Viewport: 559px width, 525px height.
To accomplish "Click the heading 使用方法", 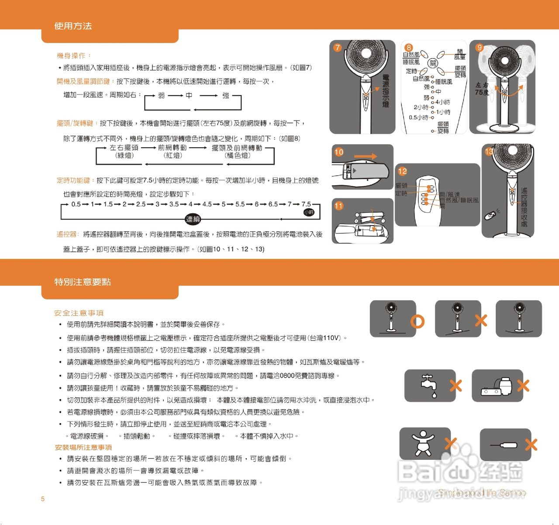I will coord(73,26).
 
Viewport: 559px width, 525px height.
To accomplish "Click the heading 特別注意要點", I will coord(83,282).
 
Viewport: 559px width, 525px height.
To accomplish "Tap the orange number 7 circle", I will coord(337,48).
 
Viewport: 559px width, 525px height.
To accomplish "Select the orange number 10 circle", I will coord(339,152).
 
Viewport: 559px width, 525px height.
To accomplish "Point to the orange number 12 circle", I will coord(402,171).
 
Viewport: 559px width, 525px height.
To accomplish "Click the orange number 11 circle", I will coord(339,206).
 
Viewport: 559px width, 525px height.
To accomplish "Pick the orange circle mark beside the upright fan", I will coord(418,322).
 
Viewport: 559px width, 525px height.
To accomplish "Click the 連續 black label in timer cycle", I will coord(193,219).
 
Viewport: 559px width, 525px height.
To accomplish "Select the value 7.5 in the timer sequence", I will coord(306,204).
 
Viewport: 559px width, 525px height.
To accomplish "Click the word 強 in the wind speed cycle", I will coord(226,95).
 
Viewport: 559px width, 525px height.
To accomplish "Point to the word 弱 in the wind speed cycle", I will coord(162,95).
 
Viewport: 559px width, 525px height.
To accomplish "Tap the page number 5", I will coord(43,499).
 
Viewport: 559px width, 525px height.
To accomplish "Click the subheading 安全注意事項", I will coord(79,313).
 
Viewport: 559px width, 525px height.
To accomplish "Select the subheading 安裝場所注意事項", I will coord(83,447).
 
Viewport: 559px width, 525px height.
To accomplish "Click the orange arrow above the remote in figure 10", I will coord(365,156).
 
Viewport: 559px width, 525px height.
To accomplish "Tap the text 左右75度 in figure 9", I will coord(482,89).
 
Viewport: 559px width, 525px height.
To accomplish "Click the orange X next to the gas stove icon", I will coord(523,386).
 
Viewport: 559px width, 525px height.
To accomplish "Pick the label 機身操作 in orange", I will coord(72,56).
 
